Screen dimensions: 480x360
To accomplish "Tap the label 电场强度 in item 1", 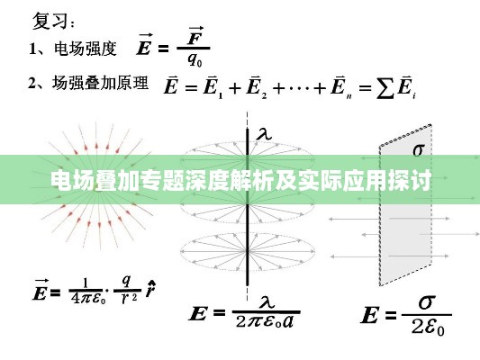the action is click(x=86, y=49).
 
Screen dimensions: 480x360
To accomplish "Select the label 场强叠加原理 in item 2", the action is click(x=100, y=83).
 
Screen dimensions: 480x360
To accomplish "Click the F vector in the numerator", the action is click(x=195, y=36).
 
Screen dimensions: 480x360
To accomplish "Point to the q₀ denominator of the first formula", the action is click(x=195, y=59).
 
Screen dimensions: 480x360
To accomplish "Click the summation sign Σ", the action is click(x=385, y=88).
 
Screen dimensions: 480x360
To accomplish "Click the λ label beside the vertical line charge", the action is click(x=264, y=134).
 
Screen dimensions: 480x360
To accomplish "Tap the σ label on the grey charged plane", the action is click(x=419, y=149).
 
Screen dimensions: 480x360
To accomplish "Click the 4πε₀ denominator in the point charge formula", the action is click(x=88, y=298).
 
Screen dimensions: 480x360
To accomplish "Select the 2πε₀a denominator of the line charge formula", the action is click(x=265, y=321).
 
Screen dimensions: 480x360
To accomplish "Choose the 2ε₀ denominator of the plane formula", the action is click(x=428, y=327).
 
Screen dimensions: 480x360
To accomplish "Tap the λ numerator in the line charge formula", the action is click(x=267, y=302).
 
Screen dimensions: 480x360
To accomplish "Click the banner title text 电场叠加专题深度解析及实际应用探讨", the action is click(x=241, y=180).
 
